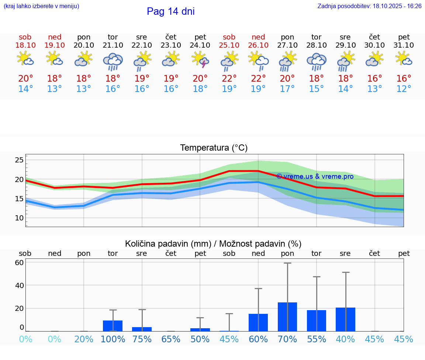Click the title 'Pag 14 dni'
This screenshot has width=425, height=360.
[170, 11]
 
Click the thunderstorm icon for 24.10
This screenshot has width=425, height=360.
[201, 60]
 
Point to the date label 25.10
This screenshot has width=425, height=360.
[229, 45]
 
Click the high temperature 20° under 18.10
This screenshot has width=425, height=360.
[25, 78]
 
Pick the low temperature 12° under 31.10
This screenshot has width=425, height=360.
[404, 89]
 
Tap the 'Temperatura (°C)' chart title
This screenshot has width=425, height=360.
[214, 148]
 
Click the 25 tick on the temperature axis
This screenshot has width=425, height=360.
[19, 160]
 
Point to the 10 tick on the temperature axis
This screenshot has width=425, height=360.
[19, 218]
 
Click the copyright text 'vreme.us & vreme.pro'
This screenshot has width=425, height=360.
[315, 176]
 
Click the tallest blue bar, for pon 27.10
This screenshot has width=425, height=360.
[287, 317]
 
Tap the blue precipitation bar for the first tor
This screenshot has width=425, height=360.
[113, 326]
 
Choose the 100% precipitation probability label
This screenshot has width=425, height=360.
[113, 339]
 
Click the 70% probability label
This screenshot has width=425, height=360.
[287, 339]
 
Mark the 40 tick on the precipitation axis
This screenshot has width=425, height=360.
[20, 285]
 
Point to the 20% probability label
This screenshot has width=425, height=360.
[84, 339]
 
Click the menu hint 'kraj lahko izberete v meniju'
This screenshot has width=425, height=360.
[41, 6]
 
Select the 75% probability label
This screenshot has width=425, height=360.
[142, 339]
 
